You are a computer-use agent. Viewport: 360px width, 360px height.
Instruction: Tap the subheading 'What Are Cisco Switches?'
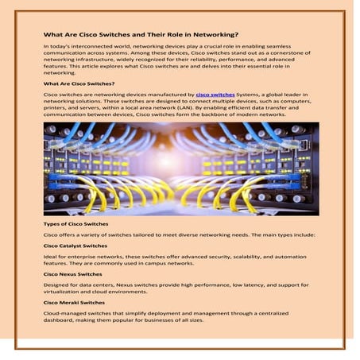click(x=79, y=83)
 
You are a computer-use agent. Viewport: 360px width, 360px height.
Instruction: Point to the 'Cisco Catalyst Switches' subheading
click(x=75, y=246)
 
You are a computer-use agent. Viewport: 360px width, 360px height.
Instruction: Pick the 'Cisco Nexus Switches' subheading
click(x=72, y=273)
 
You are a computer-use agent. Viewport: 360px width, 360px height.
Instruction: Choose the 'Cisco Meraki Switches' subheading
click(x=74, y=301)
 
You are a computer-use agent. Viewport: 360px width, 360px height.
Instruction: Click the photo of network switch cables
click(x=180, y=168)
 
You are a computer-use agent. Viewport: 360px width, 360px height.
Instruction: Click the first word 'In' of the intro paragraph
click(x=45, y=48)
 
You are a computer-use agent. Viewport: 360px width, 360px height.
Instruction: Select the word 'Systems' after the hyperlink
click(x=250, y=94)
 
